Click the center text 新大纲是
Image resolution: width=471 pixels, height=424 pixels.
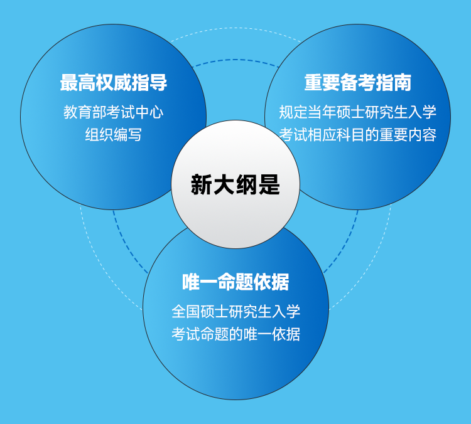pyautogui.click(x=235, y=184)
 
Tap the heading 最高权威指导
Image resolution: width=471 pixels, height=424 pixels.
pyautogui.click(x=114, y=83)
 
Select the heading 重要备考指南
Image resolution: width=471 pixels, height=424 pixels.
pyautogui.click(x=358, y=83)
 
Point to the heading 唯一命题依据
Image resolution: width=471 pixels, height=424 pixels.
pyautogui.click(x=235, y=282)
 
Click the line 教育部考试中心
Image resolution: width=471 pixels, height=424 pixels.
pyautogui.click(x=113, y=112)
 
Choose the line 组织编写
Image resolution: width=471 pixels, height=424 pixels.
pyautogui.click(x=113, y=134)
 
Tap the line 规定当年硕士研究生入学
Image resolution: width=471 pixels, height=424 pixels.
pyautogui.click(x=357, y=112)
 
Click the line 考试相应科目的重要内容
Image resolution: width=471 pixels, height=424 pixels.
pyautogui.click(x=357, y=134)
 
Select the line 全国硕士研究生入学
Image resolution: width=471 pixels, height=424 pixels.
pyautogui.click(x=235, y=312)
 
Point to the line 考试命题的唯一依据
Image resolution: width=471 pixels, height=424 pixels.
pyautogui.click(x=235, y=334)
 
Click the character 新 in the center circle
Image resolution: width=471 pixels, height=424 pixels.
pyautogui.click(x=202, y=184)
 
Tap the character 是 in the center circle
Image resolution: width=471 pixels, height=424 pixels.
pyautogui.click(x=269, y=184)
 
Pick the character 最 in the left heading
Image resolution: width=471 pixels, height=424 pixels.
pyautogui.click(x=69, y=83)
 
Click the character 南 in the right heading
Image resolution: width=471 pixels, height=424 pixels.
pyautogui.click(x=403, y=83)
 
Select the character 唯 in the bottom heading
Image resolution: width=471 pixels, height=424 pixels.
pyautogui.click(x=191, y=282)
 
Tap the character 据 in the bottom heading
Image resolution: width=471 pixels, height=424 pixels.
pyautogui.click(x=280, y=282)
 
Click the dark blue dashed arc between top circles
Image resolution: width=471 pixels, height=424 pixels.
pyautogui.click(x=235, y=60)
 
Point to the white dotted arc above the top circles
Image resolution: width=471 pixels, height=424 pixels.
pyautogui.click(x=235, y=28)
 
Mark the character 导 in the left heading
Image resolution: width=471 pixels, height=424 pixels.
pyautogui.click(x=158, y=83)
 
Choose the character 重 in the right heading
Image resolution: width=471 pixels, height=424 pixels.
pyautogui.click(x=313, y=83)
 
